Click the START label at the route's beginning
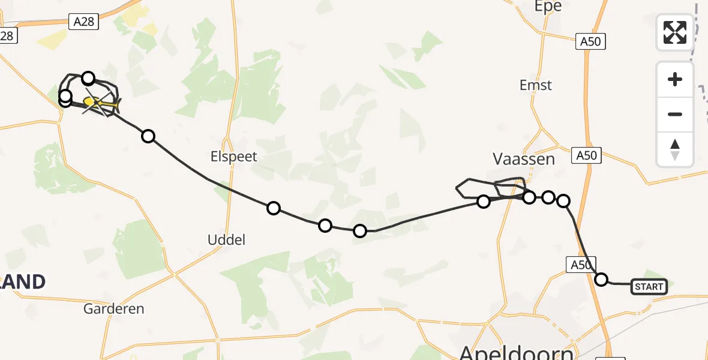coord(649,287)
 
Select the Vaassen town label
coord(523,159)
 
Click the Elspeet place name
coord(233,157)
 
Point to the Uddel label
coord(226,239)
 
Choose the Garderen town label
coord(114,309)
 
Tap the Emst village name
coord(535,85)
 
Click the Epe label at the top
coord(548,7)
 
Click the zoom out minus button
coord(675,114)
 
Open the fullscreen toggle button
coord(675,32)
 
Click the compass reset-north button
coord(675,149)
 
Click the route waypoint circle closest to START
coord(601,279)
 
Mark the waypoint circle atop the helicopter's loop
coord(88,77)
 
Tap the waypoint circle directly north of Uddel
coord(274,208)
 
